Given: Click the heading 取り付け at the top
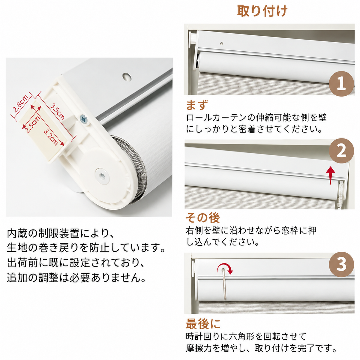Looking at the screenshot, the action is click(x=262, y=11).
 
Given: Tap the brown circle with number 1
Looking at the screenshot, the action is click(x=341, y=84).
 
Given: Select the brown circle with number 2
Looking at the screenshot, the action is click(x=341, y=151).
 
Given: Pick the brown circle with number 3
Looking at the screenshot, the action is click(x=341, y=264).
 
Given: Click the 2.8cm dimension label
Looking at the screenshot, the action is click(x=20, y=104).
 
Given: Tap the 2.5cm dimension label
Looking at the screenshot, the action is click(x=32, y=124).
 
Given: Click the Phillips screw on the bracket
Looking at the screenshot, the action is click(x=83, y=119).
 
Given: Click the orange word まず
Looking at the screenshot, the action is click(x=197, y=105).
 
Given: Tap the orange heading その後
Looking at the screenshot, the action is click(x=203, y=218).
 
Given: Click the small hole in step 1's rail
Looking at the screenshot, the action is click(x=222, y=44).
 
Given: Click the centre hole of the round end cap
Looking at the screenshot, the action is click(x=102, y=175).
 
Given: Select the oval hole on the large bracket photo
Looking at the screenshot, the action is click(x=127, y=76).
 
